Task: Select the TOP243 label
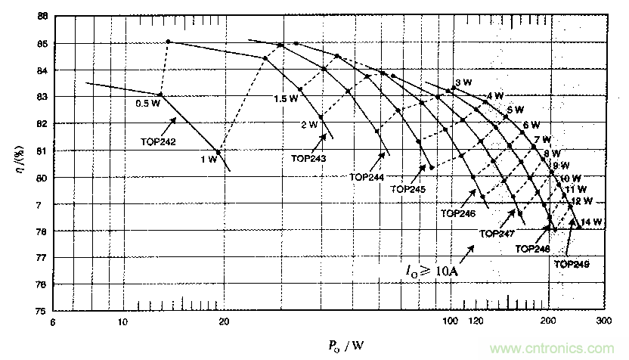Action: (x=308, y=158)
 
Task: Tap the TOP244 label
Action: (x=367, y=176)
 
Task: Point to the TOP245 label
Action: (x=409, y=189)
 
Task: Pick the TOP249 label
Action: (x=571, y=264)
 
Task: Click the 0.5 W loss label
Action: (x=147, y=104)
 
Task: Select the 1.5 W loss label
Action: (x=285, y=99)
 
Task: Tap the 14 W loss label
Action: (x=593, y=222)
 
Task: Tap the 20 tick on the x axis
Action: (x=224, y=321)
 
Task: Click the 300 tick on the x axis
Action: (x=603, y=321)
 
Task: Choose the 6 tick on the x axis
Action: (x=53, y=321)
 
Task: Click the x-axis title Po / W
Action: (x=346, y=346)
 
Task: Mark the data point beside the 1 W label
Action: (x=219, y=152)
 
